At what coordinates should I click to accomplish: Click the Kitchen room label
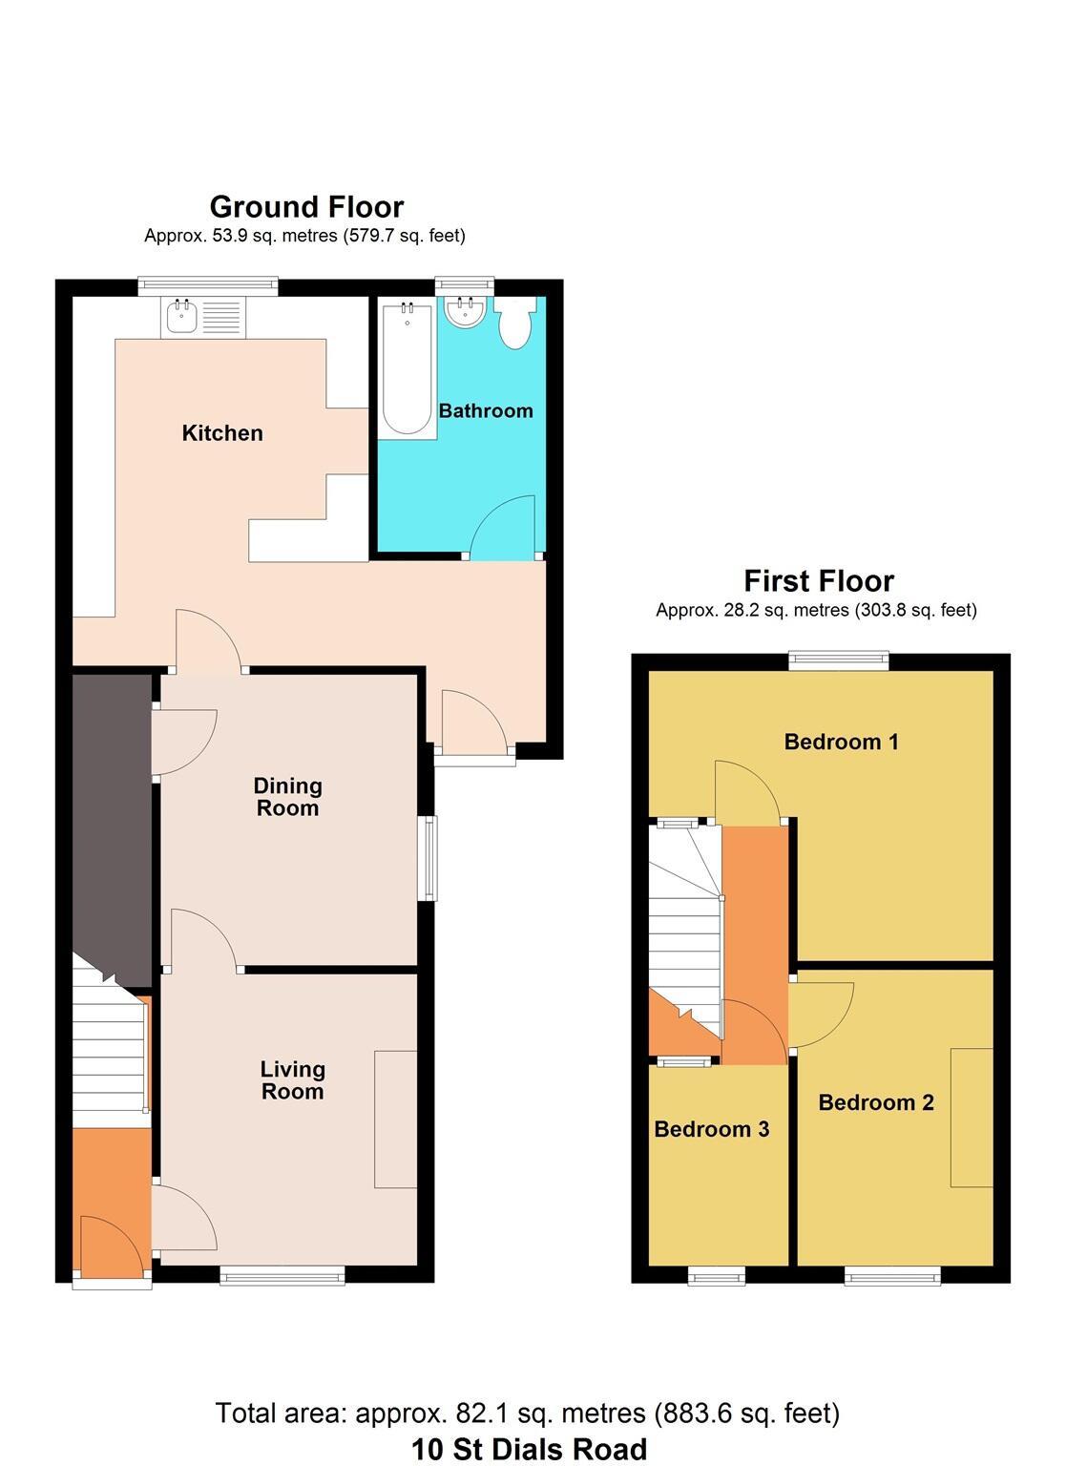coord(222,433)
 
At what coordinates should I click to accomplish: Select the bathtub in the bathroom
coord(407,367)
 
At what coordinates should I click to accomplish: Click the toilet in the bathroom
coord(515,325)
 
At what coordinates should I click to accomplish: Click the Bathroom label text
coord(485,411)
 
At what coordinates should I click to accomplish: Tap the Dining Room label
coord(287,797)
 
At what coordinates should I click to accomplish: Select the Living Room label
coord(292,1080)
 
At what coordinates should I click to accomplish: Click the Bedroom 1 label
coord(841,742)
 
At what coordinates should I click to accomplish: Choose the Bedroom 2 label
coord(875,1102)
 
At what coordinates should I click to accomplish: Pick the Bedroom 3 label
coord(711,1129)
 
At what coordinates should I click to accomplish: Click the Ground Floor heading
coord(306,207)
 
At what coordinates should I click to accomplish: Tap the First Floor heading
coord(818,581)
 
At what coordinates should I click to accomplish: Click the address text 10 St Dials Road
coord(529,1449)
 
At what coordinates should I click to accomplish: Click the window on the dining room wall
coord(430,858)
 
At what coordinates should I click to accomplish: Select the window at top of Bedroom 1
coord(838,660)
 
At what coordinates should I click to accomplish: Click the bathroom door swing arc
coord(503,527)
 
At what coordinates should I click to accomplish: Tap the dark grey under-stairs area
coord(111,821)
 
